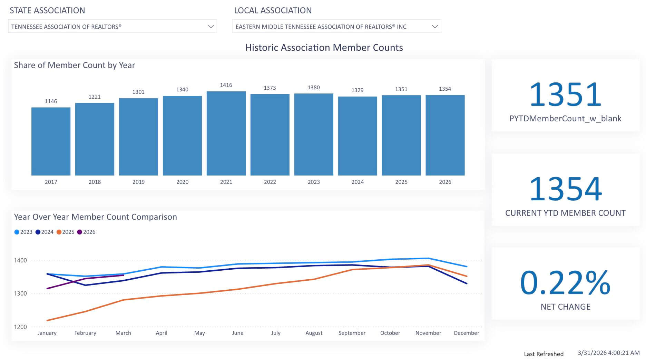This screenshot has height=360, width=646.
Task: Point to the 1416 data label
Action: tap(226, 85)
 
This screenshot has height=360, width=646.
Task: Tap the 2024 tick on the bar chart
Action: tap(358, 182)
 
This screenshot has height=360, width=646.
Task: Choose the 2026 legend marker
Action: tap(80, 232)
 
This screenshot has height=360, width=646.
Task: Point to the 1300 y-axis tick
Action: tap(20, 293)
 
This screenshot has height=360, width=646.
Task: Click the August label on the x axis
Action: tap(314, 333)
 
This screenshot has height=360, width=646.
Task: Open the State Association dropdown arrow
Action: tap(211, 27)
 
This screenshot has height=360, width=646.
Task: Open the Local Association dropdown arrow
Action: tap(435, 27)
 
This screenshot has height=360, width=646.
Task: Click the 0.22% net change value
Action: tap(565, 283)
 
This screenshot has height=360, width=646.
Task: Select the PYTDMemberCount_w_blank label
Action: tap(565, 119)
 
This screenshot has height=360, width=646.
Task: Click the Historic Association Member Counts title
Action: tap(324, 48)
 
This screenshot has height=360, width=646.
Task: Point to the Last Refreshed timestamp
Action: tap(608, 353)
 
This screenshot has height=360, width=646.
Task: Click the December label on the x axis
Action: tap(467, 333)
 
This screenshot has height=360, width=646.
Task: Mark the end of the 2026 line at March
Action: tap(123, 275)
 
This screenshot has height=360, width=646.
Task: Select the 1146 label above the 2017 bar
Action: tap(51, 101)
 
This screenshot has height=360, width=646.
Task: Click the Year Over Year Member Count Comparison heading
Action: tap(95, 217)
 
